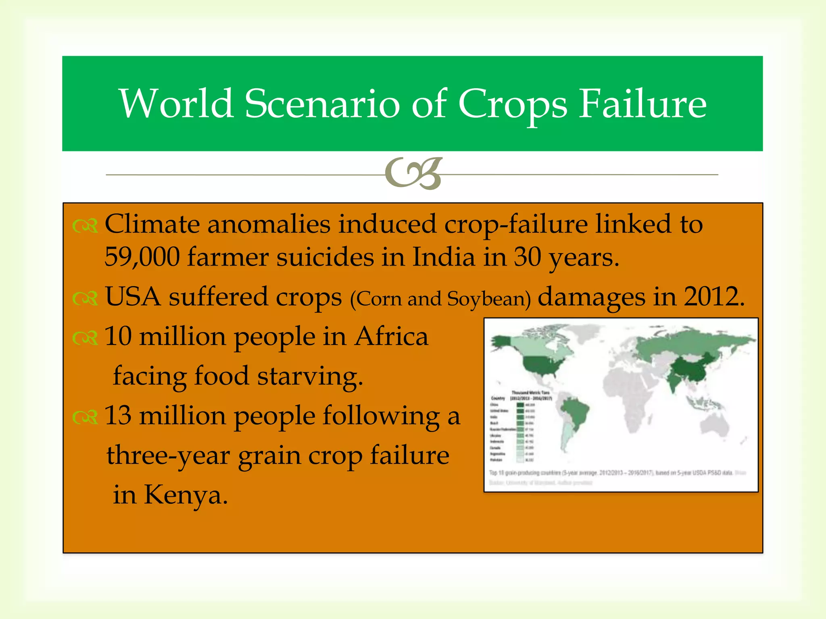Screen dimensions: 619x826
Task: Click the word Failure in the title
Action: click(x=642, y=104)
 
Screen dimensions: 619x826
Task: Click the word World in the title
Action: click(x=176, y=104)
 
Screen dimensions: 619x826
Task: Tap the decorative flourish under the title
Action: click(x=414, y=174)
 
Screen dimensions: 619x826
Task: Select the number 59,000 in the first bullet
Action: click(x=142, y=257)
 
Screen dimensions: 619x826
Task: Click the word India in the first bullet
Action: click(x=443, y=257)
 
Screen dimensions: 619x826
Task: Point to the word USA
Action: click(x=133, y=297)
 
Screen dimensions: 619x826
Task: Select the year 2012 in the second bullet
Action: click(x=713, y=297)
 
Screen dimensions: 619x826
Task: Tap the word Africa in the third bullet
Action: click(x=391, y=337)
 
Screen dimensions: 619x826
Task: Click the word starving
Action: click(x=310, y=376)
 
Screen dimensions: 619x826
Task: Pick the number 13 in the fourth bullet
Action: click(x=118, y=415)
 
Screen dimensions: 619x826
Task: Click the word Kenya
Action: click(x=186, y=495)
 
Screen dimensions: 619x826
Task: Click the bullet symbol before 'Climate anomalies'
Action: click(x=85, y=226)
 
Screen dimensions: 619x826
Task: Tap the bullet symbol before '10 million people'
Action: click(x=85, y=338)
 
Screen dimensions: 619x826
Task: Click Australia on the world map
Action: click(x=715, y=425)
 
